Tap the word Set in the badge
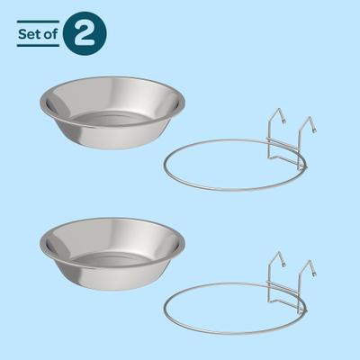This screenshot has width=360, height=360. click(28, 34)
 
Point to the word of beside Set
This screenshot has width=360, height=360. click(50, 34)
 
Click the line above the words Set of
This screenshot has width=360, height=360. click(39, 22)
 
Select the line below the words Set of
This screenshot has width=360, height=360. click(39, 47)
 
